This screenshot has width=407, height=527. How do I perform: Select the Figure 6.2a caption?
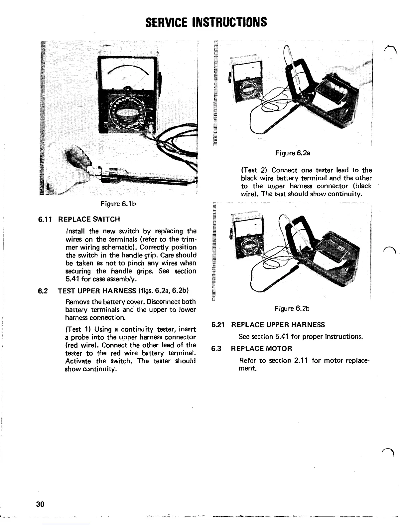(x=293, y=153)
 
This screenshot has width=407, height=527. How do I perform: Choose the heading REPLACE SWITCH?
(x=89, y=219)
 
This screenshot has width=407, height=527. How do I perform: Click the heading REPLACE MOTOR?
(x=261, y=349)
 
